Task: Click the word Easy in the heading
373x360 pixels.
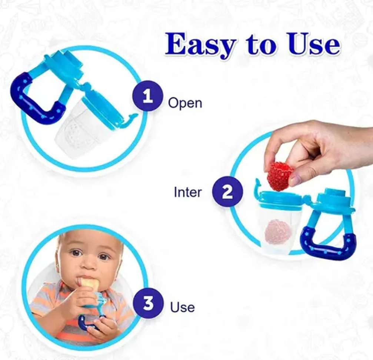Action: (202, 45)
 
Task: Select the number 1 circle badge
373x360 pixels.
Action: (148, 96)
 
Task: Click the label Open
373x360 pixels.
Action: (185, 103)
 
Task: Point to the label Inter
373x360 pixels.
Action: (188, 192)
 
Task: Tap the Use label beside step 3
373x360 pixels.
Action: (183, 307)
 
